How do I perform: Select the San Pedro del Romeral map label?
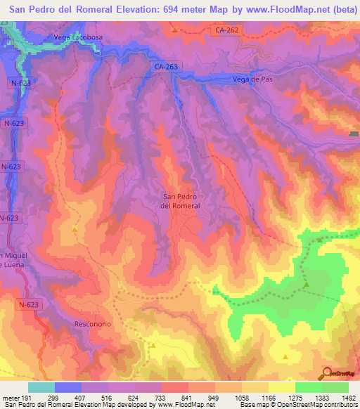pyautogui.click(x=181, y=201)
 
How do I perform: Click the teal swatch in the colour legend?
pyautogui.click(x=41, y=387)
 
